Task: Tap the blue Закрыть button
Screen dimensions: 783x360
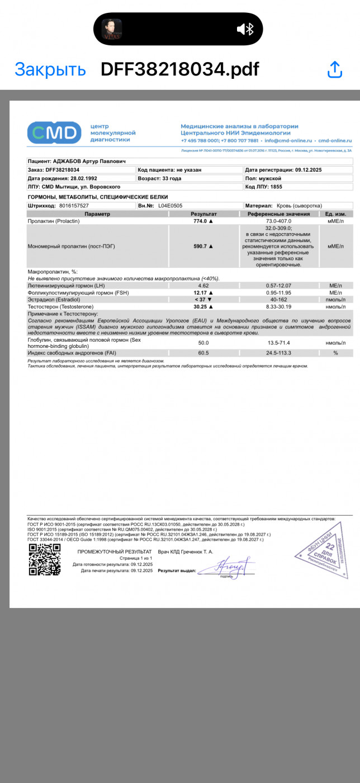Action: point(50,69)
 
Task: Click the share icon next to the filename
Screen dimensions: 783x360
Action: point(334,69)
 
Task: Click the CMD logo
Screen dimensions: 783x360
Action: point(54,133)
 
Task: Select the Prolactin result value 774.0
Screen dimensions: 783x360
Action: point(201,221)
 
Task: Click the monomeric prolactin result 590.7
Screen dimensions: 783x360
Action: point(201,246)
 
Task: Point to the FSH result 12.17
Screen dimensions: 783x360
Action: point(201,293)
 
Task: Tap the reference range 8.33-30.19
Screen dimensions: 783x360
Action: point(279,306)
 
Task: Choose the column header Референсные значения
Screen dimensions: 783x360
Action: point(279,214)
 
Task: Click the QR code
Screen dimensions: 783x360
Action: point(44,560)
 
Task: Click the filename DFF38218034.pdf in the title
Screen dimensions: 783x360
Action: point(179,69)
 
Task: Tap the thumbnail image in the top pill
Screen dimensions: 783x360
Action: point(112,29)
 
